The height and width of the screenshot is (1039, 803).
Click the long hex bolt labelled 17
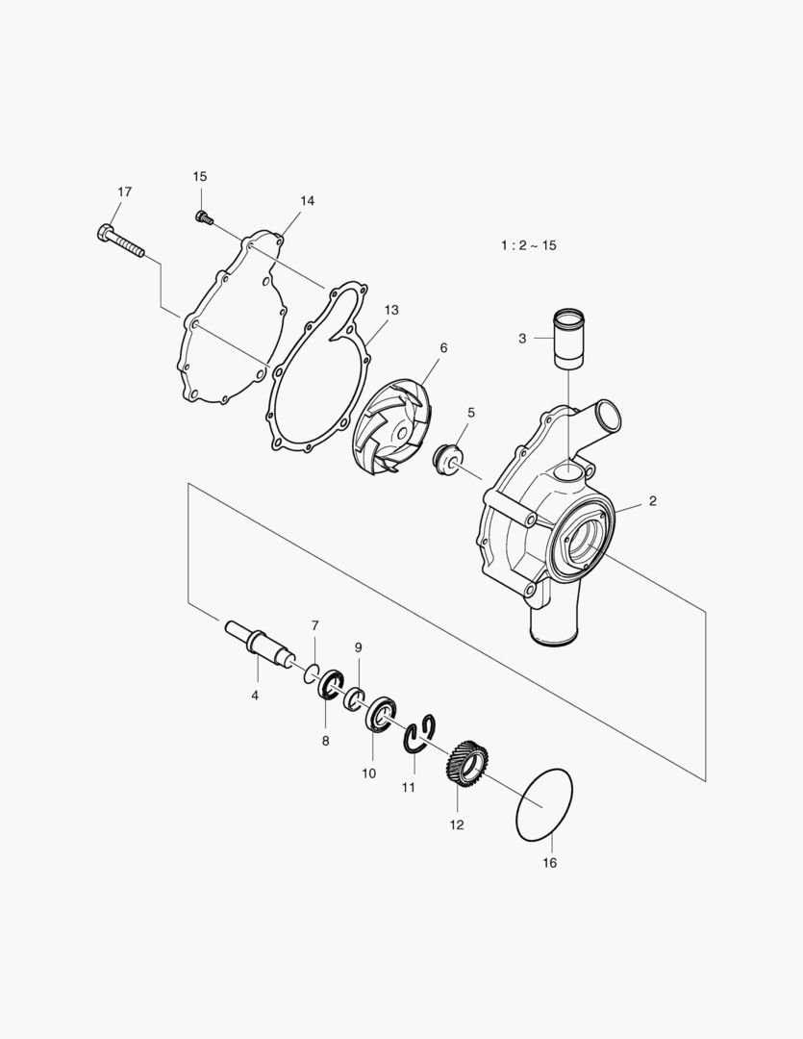pyautogui.click(x=120, y=241)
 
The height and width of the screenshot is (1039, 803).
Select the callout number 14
pyautogui.click(x=307, y=201)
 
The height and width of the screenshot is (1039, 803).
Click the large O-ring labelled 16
pyautogui.click(x=544, y=803)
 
